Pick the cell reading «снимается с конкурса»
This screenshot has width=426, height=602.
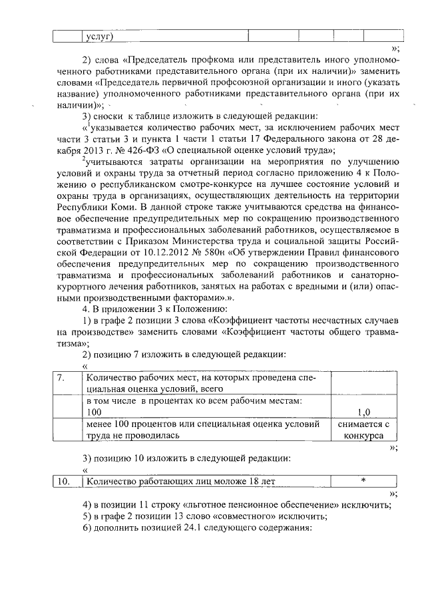(x=363, y=430)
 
